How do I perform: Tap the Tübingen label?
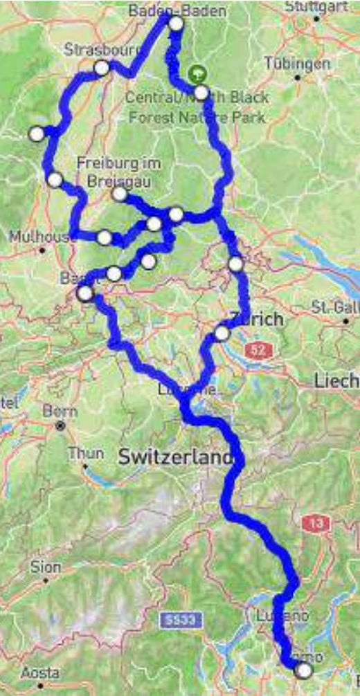tap(297, 64)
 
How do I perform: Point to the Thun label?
tap(86, 454)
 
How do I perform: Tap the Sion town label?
tap(46, 567)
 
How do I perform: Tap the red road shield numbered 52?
tap(258, 351)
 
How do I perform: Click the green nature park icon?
tap(198, 73)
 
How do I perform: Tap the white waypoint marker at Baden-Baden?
tap(177, 24)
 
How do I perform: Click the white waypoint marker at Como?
tap(303, 670)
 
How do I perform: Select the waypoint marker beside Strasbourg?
tap(102, 68)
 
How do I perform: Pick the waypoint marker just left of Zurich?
tap(222, 333)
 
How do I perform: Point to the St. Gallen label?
tap(335, 306)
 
